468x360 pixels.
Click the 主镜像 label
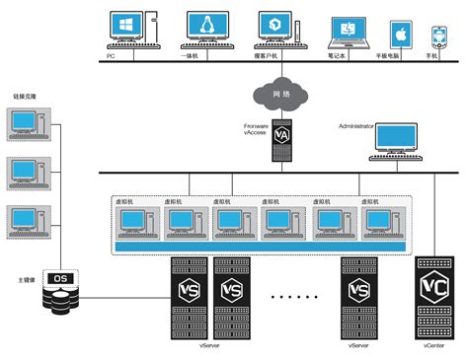27,280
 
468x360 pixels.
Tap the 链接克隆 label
24,97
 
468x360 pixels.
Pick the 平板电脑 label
400,56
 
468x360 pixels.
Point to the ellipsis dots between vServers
293,295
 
